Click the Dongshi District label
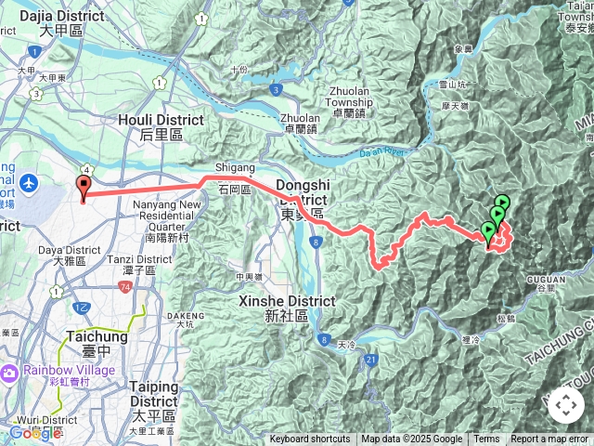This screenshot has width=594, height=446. pyautogui.click(x=303, y=199)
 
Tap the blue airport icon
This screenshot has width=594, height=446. pyautogui.click(x=29, y=182)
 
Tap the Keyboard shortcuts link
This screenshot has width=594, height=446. pyautogui.click(x=310, y=439)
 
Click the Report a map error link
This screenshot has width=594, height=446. pyautogui.click(x=550, y=439)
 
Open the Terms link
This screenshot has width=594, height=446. pyautogui.click(x=486, y=439)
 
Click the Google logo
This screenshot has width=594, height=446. pyautogui.click(x=35, y=432)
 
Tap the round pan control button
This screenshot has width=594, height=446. pyautogui.click(x=565, y=405)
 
